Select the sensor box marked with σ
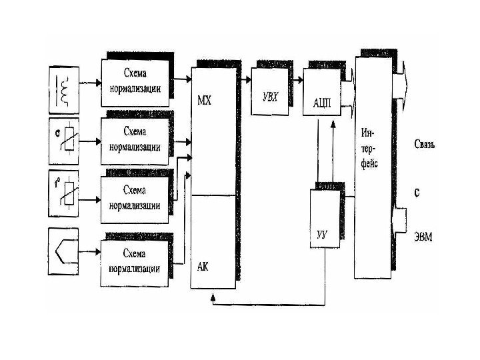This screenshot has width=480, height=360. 66,140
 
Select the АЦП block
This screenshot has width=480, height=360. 324,101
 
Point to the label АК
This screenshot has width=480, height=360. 204,265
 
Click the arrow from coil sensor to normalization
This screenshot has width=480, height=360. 91,85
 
